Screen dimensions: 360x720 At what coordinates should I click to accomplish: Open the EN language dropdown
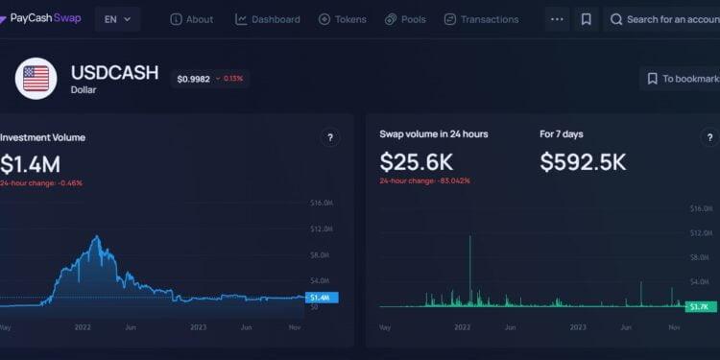[117, 19]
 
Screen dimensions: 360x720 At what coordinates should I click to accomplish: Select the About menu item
[192, 19]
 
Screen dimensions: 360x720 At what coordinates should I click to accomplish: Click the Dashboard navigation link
[268, 19]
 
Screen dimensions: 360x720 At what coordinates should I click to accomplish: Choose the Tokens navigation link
[343, 19]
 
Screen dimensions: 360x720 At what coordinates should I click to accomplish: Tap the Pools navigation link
[405, 19]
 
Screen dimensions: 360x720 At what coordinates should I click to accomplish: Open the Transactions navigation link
[481, 19]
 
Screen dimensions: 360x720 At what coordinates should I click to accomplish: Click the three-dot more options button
[557, 19]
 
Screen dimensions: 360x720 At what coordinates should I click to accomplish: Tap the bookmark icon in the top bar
[586, 19]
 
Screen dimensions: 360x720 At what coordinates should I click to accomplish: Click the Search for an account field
[667, 19]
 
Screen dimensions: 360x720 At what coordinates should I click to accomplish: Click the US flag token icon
[36, 79]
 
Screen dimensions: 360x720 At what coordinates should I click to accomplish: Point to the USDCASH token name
[114, 72]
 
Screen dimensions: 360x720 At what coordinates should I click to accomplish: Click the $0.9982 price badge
[209, 79]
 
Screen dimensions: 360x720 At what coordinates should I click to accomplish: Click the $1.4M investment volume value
[30, 163]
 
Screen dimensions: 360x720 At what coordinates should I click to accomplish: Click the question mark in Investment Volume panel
[330, 138]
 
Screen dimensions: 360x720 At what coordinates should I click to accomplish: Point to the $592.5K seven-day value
[583, 161]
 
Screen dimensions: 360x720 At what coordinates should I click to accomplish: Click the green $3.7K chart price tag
[699, 306]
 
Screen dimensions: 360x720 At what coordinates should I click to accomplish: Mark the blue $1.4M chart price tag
[319, 298]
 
